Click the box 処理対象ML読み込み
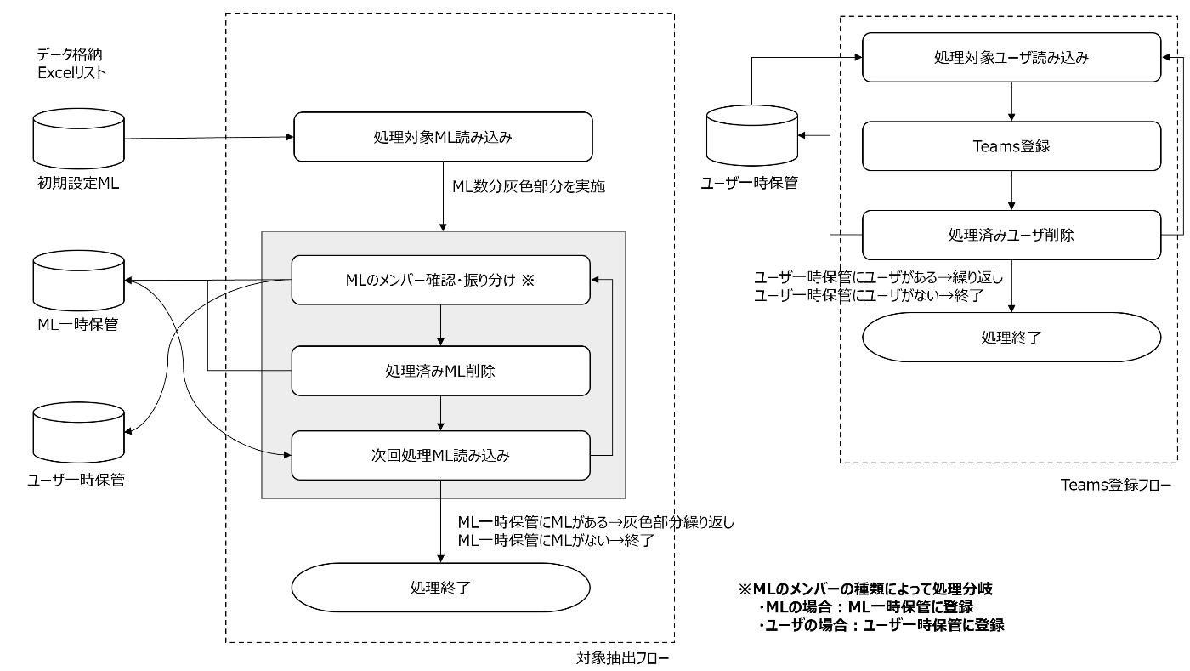pos(442,137)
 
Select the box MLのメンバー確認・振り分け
pos(440,280)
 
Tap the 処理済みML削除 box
pos(440,371)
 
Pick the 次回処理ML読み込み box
pos(440,455)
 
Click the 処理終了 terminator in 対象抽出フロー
pos(440,588)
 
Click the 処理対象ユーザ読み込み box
pos(1011,58)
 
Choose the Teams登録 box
pos(1011,146)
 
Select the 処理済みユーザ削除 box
pos(1011,235)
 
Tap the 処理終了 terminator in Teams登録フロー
pos(1011,337)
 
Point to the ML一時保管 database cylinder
pos(77,281)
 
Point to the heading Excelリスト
pos(72,73)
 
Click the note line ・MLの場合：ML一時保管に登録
pos(865,606)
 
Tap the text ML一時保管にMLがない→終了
pos(555,540)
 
